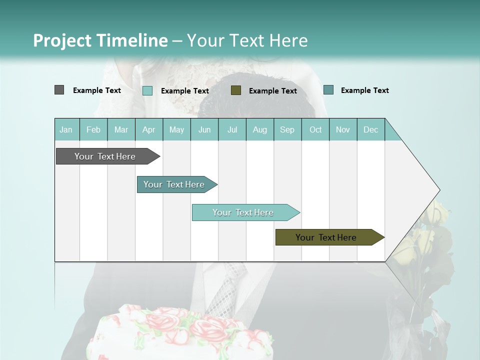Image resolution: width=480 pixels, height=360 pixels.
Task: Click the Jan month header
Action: (66, 129)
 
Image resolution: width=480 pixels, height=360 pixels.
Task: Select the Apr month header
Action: (149, 129)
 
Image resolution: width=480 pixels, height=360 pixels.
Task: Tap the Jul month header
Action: (232, 129)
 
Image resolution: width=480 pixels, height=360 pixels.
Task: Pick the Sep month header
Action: (287, 129)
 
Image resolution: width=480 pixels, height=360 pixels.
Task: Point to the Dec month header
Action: (370, 129)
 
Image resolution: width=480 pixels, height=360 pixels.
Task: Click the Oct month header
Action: (315, 129)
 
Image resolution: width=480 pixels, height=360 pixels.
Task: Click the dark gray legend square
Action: (59, 90)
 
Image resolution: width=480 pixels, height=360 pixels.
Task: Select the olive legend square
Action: (236, 90)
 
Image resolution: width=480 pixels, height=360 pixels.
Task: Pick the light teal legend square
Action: (147, 90)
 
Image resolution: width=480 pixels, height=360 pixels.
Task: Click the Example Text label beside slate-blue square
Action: (364, 90)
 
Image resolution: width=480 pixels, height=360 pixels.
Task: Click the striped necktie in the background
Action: (225, 290)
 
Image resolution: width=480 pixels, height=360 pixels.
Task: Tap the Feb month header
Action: (93, 129)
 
